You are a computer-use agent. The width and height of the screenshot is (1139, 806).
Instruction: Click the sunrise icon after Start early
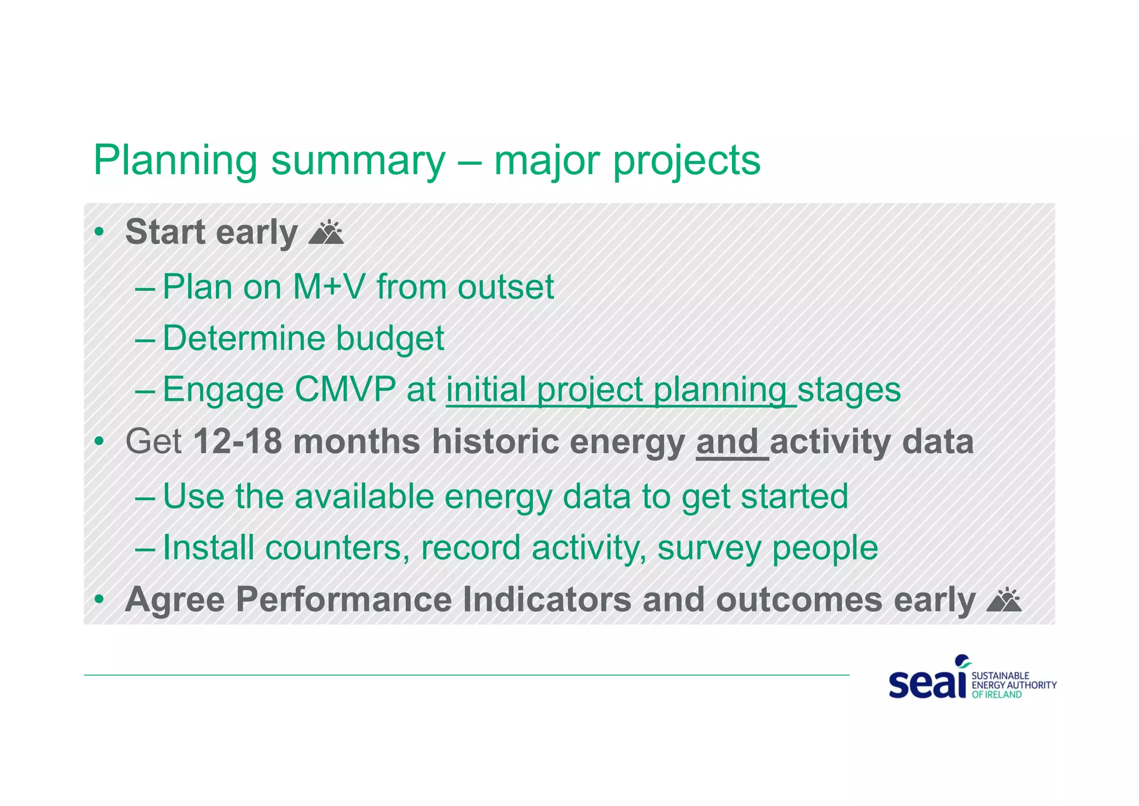(x=326, y=233)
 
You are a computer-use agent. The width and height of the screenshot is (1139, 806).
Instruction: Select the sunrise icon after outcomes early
(x=1003, y=601)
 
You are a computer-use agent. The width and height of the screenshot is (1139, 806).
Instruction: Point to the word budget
(x=390, y=338)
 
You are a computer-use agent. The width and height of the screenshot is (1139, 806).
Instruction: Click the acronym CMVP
(x=345, y=389)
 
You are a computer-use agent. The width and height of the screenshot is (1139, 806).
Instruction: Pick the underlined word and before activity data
(x=728, y=441)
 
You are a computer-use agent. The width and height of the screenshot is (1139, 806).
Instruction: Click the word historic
(x=496, y=441)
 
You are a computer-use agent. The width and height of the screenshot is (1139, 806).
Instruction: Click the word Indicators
(x=547, y=600)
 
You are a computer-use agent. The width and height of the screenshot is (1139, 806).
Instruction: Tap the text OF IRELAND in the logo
(x=997, y=695)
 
